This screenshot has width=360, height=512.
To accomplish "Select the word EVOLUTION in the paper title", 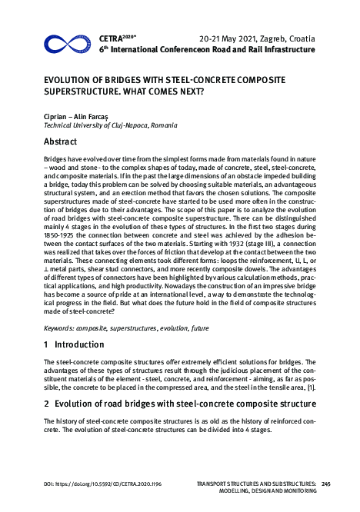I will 71,81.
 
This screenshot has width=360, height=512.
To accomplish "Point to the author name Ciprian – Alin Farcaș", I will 75,115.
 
